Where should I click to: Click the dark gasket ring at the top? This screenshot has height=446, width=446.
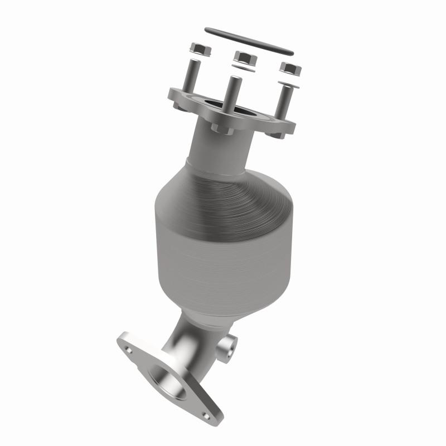pyautogui.click(x=249, y=40)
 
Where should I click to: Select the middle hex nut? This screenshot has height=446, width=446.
pyautogui.click(x=244, y=56)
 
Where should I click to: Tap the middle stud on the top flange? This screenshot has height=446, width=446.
pyautogui.click(x=234, y=100)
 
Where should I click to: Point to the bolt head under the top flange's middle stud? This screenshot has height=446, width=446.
pyautogui.click(x=219, y=129)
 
